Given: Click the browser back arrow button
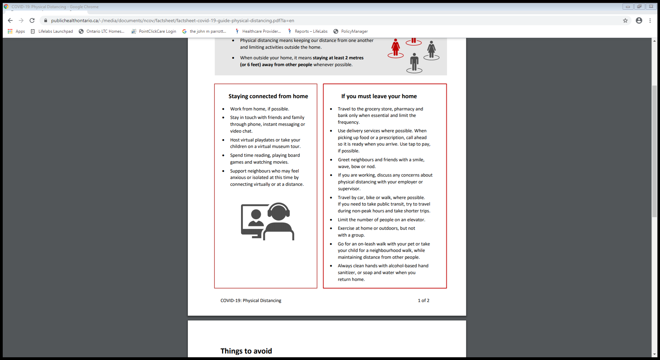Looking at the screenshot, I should point(10,20).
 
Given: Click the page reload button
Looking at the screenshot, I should point(32,20).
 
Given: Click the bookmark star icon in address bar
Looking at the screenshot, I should point(625,20).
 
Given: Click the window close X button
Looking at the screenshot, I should point(651,6).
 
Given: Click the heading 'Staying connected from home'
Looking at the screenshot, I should point(268,96).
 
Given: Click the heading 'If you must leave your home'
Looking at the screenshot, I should point(379,96).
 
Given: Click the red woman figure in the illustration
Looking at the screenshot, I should point(395,48).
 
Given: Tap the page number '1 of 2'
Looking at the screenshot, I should point(423,301).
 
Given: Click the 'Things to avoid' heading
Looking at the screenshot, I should point(246,351).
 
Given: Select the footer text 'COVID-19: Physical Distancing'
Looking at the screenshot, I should point(251,301).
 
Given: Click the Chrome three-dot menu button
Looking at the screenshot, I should point(650,20).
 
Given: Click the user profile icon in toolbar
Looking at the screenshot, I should point(639,20).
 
